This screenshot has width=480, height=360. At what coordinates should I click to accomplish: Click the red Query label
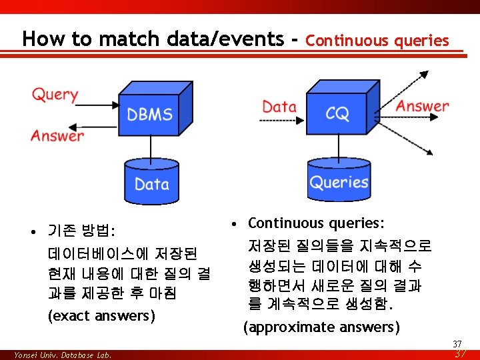click(55, 94)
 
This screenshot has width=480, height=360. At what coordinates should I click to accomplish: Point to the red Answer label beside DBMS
click(57, 135)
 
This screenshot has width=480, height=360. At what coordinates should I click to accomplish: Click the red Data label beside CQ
click(279, 106)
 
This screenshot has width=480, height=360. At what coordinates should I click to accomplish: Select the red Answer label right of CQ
click(422, 105)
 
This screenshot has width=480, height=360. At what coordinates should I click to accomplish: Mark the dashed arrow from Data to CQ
click(281, 121)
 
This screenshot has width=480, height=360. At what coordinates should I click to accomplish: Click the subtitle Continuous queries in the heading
click(377, 41)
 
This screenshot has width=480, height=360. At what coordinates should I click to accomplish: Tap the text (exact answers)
click(101, 315)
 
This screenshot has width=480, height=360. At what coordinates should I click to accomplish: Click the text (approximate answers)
click(321, 327)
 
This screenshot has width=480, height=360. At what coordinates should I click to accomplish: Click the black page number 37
click(457, 344)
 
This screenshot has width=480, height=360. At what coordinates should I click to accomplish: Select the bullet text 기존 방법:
click(81, 232)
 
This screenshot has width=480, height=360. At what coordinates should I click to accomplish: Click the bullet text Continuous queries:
click(317, 223)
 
